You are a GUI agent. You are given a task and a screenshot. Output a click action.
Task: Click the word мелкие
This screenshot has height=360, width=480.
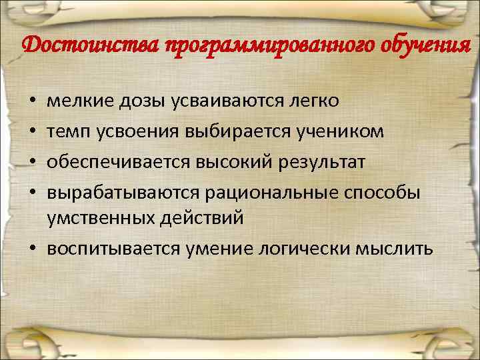[x=75, y=101]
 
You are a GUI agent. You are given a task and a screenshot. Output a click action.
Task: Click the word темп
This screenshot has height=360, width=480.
[x=66, y=131]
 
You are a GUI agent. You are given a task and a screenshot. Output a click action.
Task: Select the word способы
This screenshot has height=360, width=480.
[x=383, y=191]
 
